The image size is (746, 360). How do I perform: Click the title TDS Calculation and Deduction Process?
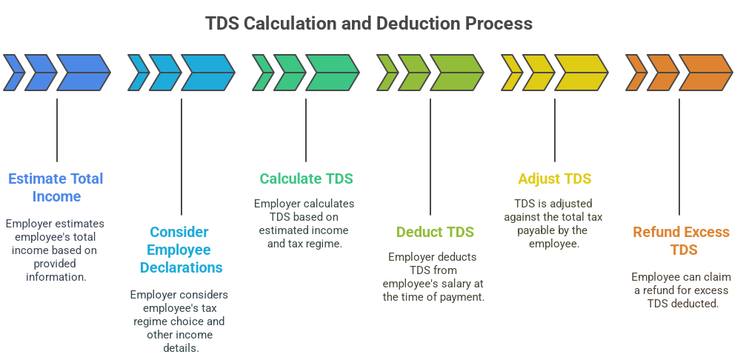coord(368,24)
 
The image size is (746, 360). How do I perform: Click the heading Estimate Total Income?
coord(56,187)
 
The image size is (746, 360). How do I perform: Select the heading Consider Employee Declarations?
coord(180,250)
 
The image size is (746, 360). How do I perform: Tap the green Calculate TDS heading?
coord(306,179)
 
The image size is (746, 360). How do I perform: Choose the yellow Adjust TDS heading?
coord(554,179)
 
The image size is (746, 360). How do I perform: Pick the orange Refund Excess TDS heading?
coord(680,241)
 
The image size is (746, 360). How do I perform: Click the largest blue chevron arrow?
coord(83,73)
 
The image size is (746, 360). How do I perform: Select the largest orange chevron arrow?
coord(705,73)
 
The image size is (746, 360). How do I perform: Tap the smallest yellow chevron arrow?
coord(511,73)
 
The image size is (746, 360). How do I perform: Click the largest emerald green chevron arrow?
coord(332,73)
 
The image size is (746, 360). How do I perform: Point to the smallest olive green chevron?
coord(387,73)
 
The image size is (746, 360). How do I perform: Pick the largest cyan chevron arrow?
coord(207,73)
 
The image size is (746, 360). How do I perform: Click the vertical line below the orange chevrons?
coord(679,156)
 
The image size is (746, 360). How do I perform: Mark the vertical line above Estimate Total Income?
coord(57,130)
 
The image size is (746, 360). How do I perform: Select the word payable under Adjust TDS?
coord(536,230)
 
